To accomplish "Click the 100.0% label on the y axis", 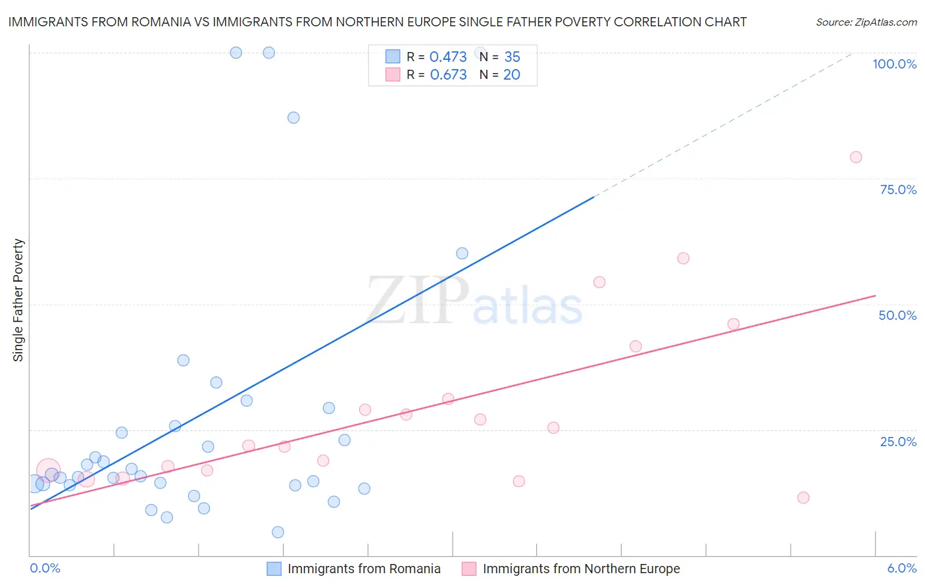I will coord(894,64).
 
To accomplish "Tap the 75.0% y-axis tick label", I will coord(898,190).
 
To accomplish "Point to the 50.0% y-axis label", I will coord(897,315).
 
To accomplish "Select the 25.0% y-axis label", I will coord(898,442).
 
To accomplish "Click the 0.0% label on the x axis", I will coord(45,568).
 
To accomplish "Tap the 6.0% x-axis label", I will coord(901,568).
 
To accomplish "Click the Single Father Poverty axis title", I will coord(18,300).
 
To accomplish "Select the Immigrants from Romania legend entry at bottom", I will coord(364,569).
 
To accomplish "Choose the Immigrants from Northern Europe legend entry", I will coord(581,569).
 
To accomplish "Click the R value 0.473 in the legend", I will coord(448,57).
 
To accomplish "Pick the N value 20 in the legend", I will coord(511,75).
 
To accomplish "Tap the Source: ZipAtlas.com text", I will coord(866,22).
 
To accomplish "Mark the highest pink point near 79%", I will coord(855,157).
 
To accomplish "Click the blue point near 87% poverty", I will coord(293,118).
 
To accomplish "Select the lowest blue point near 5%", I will coord(278,532).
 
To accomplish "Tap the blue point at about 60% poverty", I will coord(462,253).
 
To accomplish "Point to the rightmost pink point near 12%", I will coord(803,498).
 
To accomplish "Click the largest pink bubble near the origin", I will coord(48,471).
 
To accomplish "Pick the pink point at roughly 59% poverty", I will coord(683,259).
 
